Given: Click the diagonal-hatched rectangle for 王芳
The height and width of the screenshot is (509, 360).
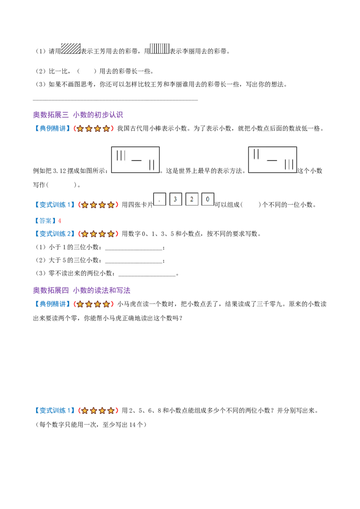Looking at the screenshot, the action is point(71,49).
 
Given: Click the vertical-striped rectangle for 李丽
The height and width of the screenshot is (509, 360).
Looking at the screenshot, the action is point(160,49).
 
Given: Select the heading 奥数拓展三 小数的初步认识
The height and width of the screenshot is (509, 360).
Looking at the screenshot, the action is point(78,115).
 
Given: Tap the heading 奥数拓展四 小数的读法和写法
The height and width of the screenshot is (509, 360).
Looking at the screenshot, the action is point(81,290).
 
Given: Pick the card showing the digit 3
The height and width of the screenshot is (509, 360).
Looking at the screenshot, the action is point(175,199).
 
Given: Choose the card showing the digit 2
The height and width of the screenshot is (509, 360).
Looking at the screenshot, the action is point(192,199).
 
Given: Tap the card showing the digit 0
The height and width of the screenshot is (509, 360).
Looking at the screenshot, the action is point(207,199).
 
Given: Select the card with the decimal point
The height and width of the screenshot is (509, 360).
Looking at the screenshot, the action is point(160,199).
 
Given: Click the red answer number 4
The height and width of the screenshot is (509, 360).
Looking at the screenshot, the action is point(59,221).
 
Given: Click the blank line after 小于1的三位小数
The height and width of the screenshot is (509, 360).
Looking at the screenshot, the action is point(134,250).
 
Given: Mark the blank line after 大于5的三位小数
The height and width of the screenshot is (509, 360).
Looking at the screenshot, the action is point(134,263).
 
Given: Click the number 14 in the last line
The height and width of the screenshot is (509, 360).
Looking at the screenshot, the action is point(132,424).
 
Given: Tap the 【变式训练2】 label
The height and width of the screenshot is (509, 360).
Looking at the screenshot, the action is point(54,234).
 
